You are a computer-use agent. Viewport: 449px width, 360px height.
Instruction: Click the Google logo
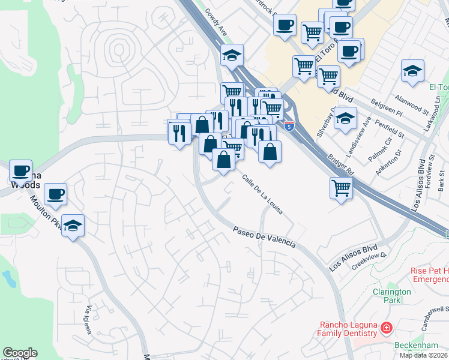tap(20, 353)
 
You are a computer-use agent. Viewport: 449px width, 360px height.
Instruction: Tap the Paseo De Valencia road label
tap(264, 236)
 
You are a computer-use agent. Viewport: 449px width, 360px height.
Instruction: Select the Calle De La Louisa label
tap(262, 196)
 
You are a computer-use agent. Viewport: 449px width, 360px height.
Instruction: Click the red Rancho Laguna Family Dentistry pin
tap(386, 328)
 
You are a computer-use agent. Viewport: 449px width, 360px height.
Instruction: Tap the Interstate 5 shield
tap(290, 127)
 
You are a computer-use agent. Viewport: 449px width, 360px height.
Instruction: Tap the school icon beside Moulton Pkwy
tap(73, 226)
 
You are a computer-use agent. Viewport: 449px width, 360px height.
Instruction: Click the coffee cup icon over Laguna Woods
tap(20, 171)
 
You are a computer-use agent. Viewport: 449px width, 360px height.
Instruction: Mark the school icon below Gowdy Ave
tap(231, 56)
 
